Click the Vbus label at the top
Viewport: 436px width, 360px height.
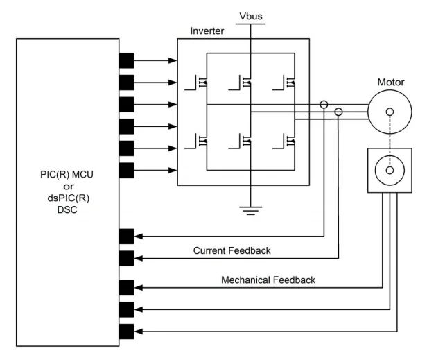[x=250, y=15]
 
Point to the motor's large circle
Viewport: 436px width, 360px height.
[x=390, y=112]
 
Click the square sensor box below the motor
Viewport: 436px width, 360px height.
[x=390, y=171]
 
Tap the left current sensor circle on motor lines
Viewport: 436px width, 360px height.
[x=324, y=105]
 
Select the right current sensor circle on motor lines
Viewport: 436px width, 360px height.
[x=339, y=112]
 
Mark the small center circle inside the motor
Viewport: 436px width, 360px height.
[x=390, y=112]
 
